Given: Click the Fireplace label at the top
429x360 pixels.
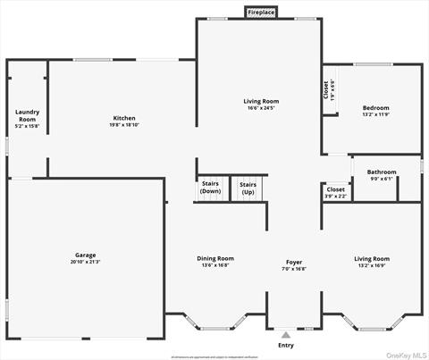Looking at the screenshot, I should click(x=261, y=13).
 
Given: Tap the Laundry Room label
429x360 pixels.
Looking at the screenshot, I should click(x=27, y=116).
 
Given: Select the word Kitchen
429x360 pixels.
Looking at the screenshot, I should click(x=123, y=118).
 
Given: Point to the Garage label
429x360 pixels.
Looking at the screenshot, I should click(x=85, y=255).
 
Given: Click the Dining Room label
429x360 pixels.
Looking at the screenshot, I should click(x=215, y=258).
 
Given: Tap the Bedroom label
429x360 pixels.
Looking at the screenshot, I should click(x=375, y=108).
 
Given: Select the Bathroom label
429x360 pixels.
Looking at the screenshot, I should click(x=381, y=172).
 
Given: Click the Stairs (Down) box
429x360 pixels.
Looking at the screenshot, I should click(x=210, y=188).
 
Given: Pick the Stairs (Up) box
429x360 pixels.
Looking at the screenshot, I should click(x=248, y=188).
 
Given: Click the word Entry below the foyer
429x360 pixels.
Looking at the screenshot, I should click(x=285, y=346).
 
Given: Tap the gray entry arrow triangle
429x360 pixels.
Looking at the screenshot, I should click(x=285, y=334).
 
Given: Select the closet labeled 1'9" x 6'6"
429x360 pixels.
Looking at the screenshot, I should click(x=329, y=90).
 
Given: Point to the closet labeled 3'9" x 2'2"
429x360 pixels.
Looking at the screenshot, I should click(x=335, y=192).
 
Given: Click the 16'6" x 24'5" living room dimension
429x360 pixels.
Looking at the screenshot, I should click(x=261, y=109).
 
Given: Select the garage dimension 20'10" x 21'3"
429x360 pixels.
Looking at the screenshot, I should click(x=85, y=262).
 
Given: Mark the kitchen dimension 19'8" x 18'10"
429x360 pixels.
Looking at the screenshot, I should click(x=123, y=125).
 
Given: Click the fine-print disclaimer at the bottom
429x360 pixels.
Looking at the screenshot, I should click(x=214, y=356).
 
